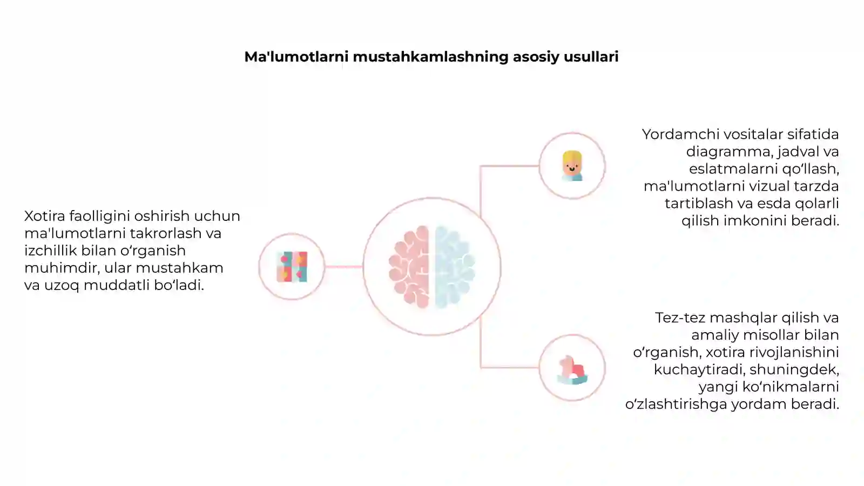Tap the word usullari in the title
point(591,57)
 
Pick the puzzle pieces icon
point(292,267)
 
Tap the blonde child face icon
point(572,166)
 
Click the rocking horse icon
point(572,370)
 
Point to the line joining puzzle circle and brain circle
point(343,267)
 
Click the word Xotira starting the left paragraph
point(45,216)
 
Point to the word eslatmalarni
point(734,169)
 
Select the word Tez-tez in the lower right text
point(680,318)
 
